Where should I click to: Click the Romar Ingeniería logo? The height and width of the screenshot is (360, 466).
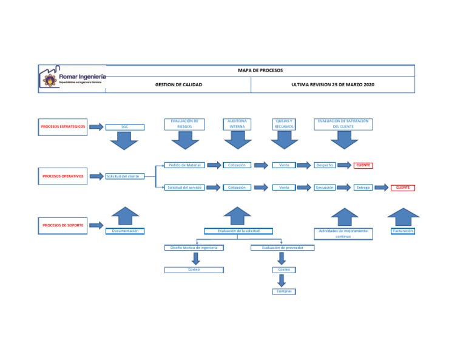[72, 79]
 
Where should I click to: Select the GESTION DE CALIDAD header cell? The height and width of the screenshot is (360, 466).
[178, 85]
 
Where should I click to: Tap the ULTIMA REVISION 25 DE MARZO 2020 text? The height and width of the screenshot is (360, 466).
[333, 85]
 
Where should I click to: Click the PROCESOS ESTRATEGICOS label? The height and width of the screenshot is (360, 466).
[63, 127]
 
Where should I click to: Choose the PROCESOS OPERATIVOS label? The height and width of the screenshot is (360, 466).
[63, 176]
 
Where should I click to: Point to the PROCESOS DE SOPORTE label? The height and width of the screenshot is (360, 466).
[63, 225]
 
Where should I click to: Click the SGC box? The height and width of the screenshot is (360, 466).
[124, 127]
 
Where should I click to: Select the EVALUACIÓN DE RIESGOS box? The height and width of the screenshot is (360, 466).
[184, 124]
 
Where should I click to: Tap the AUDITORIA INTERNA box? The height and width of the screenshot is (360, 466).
[237, 124]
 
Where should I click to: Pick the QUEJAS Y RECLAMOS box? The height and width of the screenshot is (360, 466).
[284, 124]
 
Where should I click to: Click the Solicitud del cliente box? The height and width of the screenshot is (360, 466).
[124, 176]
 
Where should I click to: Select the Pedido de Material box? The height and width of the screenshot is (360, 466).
[185, 165]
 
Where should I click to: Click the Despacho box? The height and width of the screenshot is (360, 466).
[323, 165]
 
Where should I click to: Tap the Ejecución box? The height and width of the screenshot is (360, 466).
[324, 188]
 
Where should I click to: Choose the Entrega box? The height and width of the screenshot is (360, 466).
[363, 188]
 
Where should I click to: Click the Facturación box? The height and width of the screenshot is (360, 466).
[403, 231]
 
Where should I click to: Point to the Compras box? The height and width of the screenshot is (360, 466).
[284, 291]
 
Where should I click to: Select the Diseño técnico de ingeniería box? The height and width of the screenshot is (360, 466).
[194, 248]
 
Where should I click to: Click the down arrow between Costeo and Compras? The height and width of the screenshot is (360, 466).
[282, 280]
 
